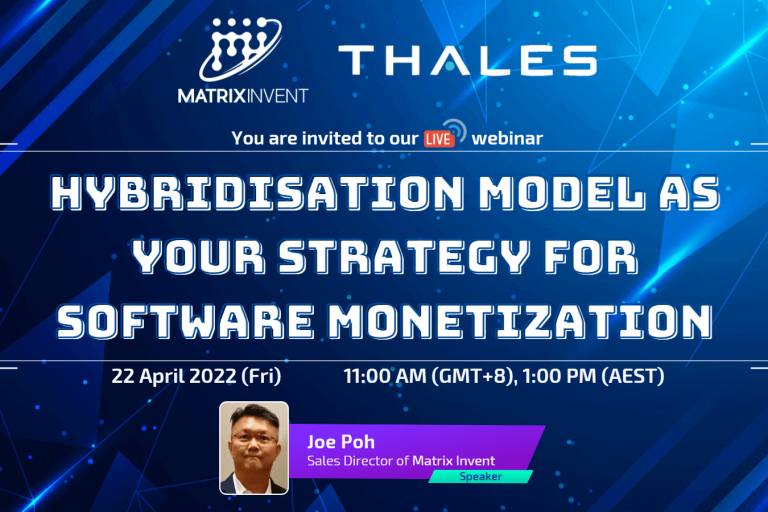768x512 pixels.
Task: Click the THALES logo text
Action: pos(467,60)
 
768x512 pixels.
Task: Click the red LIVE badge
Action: pos(438,138)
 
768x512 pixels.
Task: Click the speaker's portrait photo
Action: pos(254,448)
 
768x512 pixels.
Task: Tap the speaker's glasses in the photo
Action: pos(254,437)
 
